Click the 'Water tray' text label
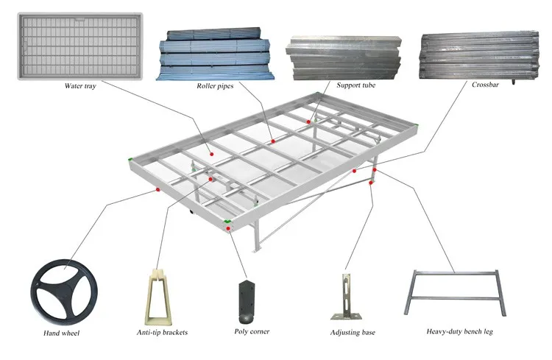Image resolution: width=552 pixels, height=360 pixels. point(79,85)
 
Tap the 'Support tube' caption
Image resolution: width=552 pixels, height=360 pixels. point(356,85)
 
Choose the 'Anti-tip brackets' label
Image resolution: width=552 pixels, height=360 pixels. point(163,332)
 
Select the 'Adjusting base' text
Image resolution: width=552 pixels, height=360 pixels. point(353,333)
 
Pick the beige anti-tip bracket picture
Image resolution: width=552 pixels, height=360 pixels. point(162,294)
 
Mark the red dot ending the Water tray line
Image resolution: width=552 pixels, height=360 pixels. point(211,155)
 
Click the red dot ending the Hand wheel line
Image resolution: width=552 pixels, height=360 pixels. point(158,189)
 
